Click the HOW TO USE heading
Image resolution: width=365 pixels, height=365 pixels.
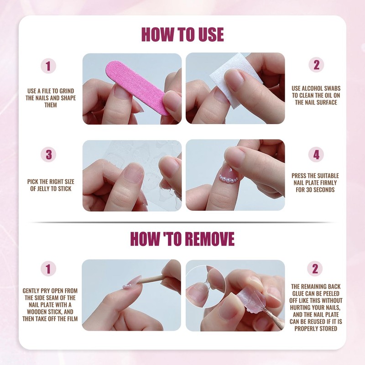(x=182, y=34)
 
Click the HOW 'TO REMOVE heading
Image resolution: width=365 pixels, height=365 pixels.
(x=182, y=238)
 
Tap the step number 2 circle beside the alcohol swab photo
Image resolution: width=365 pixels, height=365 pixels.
(x=316, y=65)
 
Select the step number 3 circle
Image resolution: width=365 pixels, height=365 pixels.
(x=48, y=155)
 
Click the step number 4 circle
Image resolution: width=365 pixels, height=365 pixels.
(x=316, y=155)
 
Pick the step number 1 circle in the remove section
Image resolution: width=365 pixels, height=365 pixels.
(x=48, y=268)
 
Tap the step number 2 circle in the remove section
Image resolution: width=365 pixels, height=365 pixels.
(x=315, y=268)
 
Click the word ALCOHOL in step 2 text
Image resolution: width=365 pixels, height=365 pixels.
(x=316, y=88)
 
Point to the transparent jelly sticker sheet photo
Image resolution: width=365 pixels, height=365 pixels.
(x=132, y=175)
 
